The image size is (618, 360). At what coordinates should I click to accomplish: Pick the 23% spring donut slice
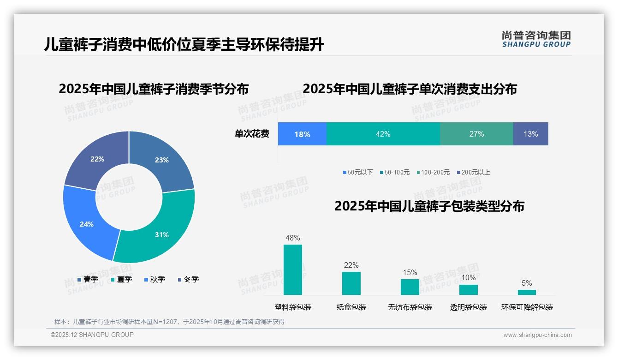point(161,160)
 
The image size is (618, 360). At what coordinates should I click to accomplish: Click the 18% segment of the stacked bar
point(302,134)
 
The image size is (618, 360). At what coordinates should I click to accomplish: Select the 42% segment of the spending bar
point(383,134)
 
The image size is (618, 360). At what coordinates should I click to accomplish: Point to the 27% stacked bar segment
point(476,134)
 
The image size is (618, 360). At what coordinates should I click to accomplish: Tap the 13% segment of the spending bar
point(530,134)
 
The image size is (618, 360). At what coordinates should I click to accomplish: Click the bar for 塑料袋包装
point(293,270)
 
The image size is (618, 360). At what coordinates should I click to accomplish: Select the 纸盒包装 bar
point(351,283)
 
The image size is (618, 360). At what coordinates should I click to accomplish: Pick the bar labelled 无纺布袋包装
point(410,287)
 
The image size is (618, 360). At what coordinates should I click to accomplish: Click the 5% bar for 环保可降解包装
point(527,292)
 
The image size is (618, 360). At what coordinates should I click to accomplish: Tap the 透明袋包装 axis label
point(469,307)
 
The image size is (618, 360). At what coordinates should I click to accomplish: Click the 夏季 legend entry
point(122,280)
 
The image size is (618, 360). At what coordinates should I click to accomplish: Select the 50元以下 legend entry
point(358,173)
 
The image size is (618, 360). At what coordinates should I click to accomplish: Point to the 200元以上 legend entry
point(473,173)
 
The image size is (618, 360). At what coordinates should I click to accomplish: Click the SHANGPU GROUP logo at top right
point(536,39)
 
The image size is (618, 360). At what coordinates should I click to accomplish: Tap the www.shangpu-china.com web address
point(537,335)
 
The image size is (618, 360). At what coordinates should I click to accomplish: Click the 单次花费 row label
point(252,134)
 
